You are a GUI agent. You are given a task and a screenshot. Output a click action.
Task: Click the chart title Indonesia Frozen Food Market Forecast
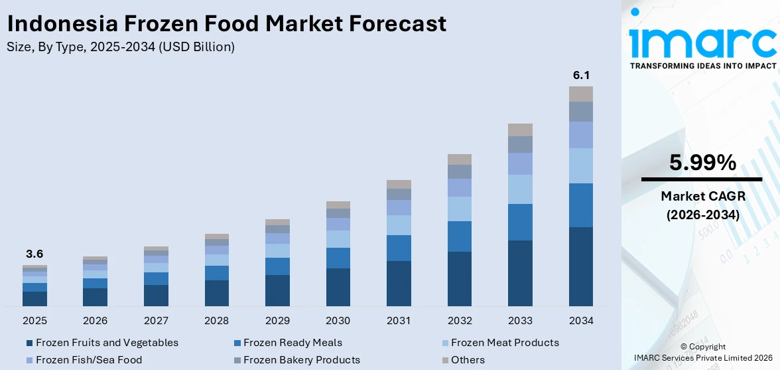tap(226, 24)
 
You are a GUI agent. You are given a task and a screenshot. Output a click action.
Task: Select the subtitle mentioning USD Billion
tap(120, 47)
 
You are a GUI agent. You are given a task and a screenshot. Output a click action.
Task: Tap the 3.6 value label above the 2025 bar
tap(34, 254)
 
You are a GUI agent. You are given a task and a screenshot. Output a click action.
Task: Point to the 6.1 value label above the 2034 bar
tap(581, 75)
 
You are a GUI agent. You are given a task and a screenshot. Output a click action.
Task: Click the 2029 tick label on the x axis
tap(277, 321)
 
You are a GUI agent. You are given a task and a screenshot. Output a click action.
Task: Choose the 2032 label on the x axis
tap(460, 321)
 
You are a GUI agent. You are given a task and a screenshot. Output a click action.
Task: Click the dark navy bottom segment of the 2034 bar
tap(581, 266)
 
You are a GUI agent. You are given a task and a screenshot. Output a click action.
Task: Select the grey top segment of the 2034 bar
tap(581, 94)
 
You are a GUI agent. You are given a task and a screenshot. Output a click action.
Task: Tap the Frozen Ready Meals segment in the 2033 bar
tap(520, 222)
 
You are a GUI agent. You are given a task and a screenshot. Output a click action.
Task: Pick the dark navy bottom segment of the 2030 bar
tap(338, 287)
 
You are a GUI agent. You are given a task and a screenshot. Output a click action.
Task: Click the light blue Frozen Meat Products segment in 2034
tap(581, 165)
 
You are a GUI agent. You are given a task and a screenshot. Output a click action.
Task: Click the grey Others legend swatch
tap(445, 361)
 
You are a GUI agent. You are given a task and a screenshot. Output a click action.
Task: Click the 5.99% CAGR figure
tap(702, 163)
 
